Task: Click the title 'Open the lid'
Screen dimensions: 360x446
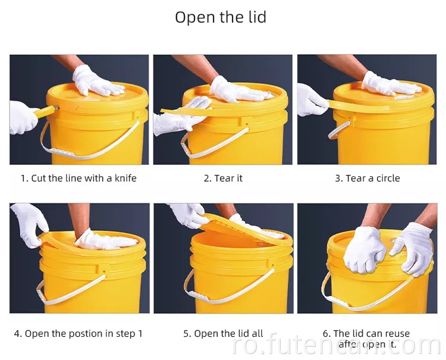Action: pyautogui.click(x=220, y=17)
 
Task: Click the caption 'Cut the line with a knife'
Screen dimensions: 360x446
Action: pyautogui.click(x=83, y=178)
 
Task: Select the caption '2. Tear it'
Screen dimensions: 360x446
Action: pyautogui.click(x=223, y=178)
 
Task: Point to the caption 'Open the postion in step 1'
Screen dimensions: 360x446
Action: pyautogui.click(x=83, y=333)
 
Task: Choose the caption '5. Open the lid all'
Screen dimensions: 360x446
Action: pyautogui.click(x=223, y=333)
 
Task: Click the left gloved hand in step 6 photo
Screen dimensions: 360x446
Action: pyautogui.click(x=364, y=248)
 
